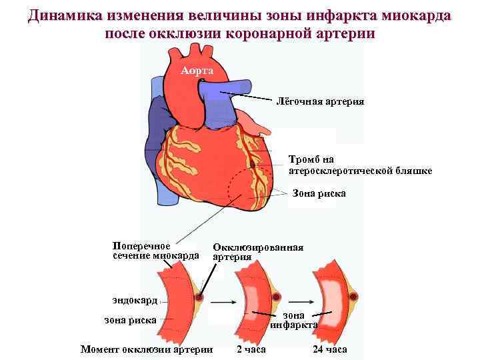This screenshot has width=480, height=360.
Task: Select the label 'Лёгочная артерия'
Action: coord(321,101)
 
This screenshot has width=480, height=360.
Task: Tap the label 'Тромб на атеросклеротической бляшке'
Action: coord(360,165)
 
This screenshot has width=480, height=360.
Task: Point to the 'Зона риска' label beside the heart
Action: coord(319,193)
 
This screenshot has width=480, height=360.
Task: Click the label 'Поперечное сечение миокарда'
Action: coord(155,251)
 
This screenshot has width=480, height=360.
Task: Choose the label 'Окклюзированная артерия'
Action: coord(257,251)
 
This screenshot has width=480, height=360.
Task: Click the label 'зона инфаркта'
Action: coord(294,320)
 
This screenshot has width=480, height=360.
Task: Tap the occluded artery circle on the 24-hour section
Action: coord(354,296)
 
